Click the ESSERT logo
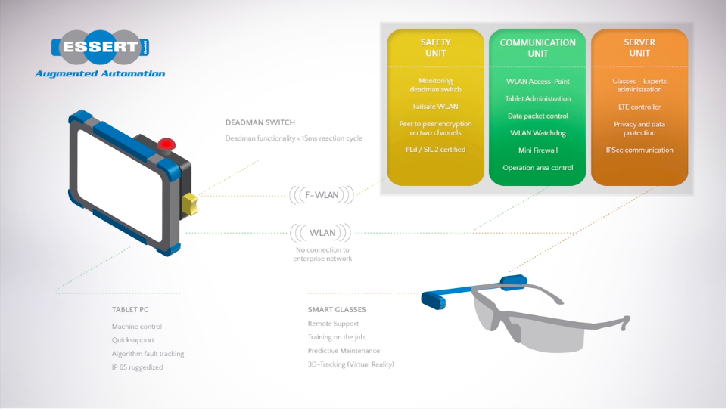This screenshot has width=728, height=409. (100, 48)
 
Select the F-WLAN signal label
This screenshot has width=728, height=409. (322, 195)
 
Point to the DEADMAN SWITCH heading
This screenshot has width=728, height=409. (260, 122)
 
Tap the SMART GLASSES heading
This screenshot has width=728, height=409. (337, 310)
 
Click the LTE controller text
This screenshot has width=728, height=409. (639, 107)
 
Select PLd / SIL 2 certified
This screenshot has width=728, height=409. (435, 150)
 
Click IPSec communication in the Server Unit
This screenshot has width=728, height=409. (639, 150)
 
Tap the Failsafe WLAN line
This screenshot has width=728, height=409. (435, 107)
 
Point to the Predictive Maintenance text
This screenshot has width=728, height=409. (344, 351)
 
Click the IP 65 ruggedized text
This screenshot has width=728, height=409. (137, 367)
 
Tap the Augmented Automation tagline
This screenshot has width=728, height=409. (100, 74)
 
